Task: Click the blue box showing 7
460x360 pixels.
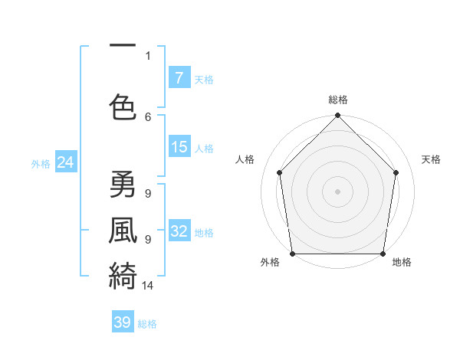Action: click(x=179, y=78)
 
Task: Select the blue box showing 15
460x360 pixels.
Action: click(x=179, y=148)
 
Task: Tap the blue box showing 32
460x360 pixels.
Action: click(x=179, y=232)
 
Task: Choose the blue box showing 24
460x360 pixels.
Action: click(x=66, y=163)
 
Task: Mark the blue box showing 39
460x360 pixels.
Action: click(x=123, y=322)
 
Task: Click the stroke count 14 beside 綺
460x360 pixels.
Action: click(x=148, y=286)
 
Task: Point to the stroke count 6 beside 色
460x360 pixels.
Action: click(x=148, y=116)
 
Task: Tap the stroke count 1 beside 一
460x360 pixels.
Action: click(x=148, y=55)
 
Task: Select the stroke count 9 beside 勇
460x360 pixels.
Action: click(x=148, y=194)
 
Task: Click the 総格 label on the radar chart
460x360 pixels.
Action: click(x=337, y=100)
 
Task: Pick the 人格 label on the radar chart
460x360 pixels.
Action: click(x=245, y=159)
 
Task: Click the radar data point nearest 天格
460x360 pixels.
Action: click(x=396, y=172)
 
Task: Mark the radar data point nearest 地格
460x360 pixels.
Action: click(x=383, y=254)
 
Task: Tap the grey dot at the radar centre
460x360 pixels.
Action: click(x=337, y=191)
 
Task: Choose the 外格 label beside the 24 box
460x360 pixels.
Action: click(x=41, y=164)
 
